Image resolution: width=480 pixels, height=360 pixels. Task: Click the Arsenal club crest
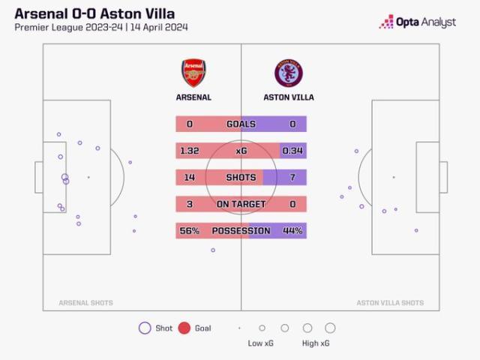(193, 73)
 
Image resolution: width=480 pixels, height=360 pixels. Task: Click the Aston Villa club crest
(289, 73)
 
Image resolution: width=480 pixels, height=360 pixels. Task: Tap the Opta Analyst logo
(418, 22)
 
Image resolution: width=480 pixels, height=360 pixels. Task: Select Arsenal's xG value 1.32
(189, 151)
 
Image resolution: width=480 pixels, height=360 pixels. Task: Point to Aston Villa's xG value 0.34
(292, 151)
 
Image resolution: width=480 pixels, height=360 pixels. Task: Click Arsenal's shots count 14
(189, 178)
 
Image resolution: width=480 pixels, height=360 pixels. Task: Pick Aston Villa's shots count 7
(292, 178)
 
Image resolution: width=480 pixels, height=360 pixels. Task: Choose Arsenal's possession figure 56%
(189, 231)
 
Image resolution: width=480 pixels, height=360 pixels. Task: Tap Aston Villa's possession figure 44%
(292, 231)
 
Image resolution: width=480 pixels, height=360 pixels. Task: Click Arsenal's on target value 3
(189, 204)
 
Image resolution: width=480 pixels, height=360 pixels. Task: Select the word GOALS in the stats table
(241, 124)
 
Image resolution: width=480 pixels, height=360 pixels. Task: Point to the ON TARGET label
(241, 204)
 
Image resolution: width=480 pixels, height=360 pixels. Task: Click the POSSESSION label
(241, 231)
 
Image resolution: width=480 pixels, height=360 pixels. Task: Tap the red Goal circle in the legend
(184, 328)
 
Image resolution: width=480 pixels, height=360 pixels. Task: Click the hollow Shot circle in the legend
(145, 328)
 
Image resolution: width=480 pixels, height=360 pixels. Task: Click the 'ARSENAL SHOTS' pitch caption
(86, 303)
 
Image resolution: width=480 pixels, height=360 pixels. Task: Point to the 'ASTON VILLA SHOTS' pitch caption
(390, 303)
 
